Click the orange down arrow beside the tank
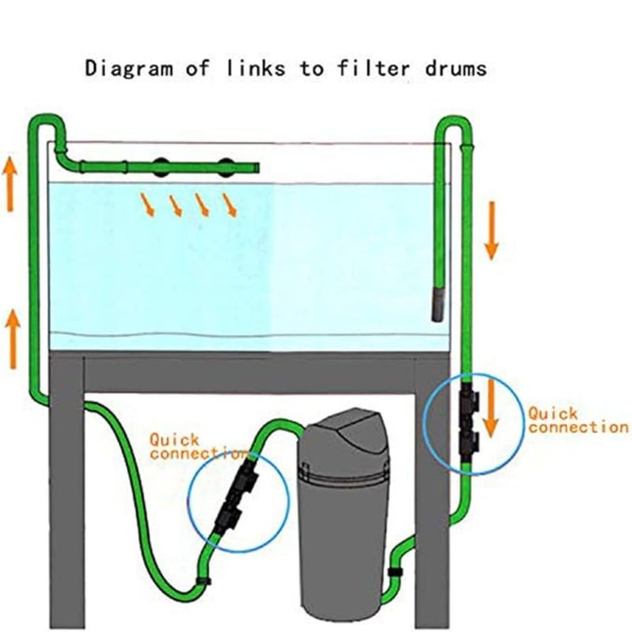(491, 230)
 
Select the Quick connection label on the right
(577, 419)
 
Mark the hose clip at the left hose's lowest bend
(203, 584)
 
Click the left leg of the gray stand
(66, 490)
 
